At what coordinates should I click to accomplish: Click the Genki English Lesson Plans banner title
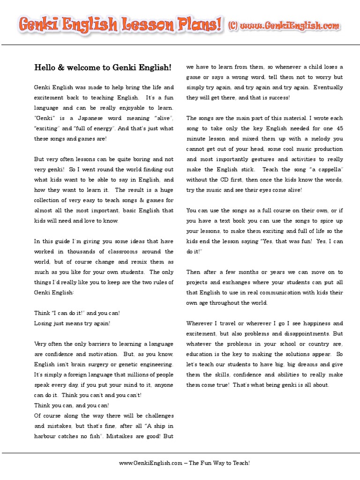(120, 25)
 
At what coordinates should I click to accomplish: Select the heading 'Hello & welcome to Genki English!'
(103, 67)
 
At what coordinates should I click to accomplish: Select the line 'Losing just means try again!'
(72, 323)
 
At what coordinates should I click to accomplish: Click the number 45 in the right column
(339, 128)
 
